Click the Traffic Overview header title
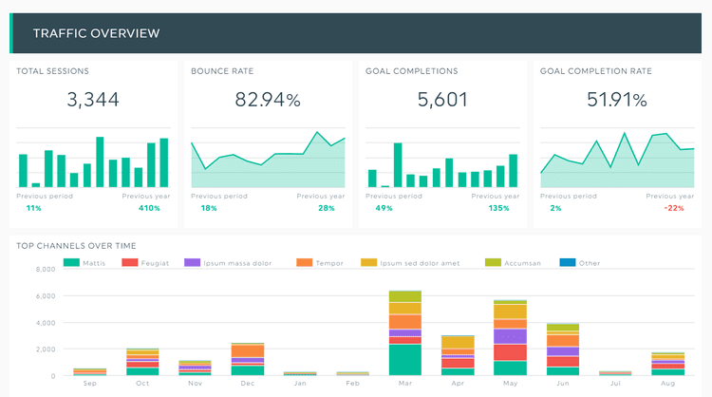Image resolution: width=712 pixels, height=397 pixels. (x=96, y=34)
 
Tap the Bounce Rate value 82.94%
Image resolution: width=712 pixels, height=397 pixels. (x=266, y=99)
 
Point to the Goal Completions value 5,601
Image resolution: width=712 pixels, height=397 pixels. (x=441, y=99)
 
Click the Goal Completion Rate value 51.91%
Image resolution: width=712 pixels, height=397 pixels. (x=616, y=99)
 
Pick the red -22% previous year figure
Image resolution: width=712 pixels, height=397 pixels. (x=675, y=208)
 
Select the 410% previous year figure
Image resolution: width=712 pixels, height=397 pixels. (x=148, y=208)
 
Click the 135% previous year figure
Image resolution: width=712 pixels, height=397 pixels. (x=500, y=208)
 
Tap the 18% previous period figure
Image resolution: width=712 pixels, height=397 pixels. (x=209, y=208)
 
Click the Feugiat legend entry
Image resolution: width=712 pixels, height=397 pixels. (x=151, y=262)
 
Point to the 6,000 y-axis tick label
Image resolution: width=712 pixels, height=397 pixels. (x=46, y=295)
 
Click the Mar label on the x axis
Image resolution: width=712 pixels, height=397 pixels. (x=405, y=383)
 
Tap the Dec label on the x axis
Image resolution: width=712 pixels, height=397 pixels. (x=248, y=383)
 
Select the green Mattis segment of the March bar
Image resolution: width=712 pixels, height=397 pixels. (x=405, y=360)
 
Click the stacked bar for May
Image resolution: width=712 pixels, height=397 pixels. (x=510, y=338)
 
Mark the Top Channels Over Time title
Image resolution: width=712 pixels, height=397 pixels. (x=76, y=246)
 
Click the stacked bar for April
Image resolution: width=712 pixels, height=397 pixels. (x=458, y=355)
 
